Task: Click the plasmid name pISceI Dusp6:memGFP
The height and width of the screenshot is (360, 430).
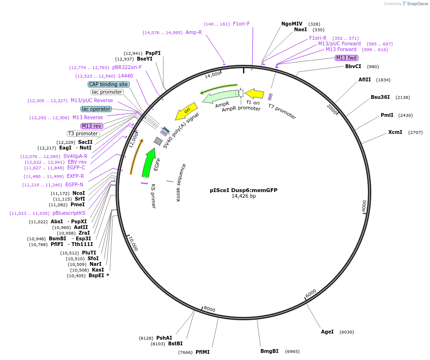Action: click(x=243, y=190)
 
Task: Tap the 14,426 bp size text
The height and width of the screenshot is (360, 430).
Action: click(x=243, y=196)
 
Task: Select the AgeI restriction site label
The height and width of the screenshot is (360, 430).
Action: click(x=327, y=332)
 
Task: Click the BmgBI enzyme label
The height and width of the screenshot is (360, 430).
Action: click(x=269, y=351)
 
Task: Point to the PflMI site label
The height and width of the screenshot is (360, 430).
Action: click(x=202, y=352)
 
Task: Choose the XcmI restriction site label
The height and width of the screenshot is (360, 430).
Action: click(x=395, y=132)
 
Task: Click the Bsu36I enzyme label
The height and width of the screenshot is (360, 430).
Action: click(x=380, y=97)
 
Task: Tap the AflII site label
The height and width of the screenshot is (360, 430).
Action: click(x=365, y=79)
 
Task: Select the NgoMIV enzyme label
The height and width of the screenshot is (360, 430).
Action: click(x=292, y=24)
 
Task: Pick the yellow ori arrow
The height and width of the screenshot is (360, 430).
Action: click(x=186, y=112)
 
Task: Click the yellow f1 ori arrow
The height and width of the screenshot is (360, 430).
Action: click(x=254, y=94)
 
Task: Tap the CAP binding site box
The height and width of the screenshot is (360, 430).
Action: click(x=108, y=84)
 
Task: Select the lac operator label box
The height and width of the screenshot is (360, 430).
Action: click(x=96, y=109)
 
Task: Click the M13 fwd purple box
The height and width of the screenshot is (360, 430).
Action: click(x=346, y=58)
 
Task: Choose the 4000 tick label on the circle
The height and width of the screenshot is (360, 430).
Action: click(x=364, y=206)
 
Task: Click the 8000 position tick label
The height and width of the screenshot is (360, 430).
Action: click(x=209, y=309)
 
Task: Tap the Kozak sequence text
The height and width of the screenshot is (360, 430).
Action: click(x=181, y=183)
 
